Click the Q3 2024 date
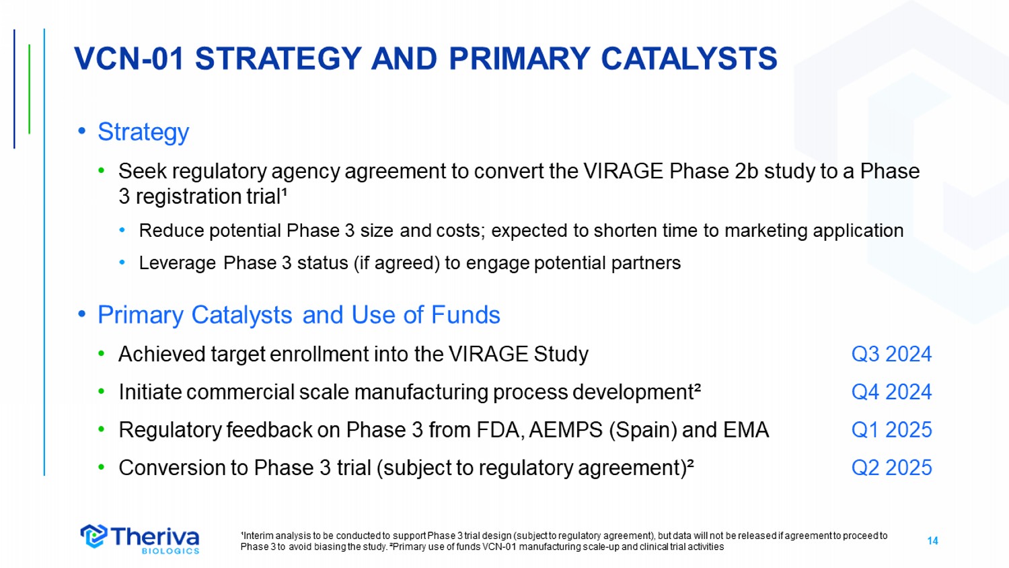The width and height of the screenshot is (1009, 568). [891, 354]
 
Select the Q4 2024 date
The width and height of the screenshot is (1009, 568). [891, 392]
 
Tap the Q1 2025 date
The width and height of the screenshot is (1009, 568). [891, 429]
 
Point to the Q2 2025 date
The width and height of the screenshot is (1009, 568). [891, 468]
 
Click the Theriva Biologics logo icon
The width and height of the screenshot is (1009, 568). [94, 536]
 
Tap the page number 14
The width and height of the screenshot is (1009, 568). [932, 541]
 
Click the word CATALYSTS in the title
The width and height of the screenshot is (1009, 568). [689, 59]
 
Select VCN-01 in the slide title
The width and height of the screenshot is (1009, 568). [129, 59]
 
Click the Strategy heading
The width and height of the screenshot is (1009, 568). [143, 132]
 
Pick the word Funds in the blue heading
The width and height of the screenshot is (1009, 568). [465, 314]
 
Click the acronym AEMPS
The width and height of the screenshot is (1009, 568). [566, 429]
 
